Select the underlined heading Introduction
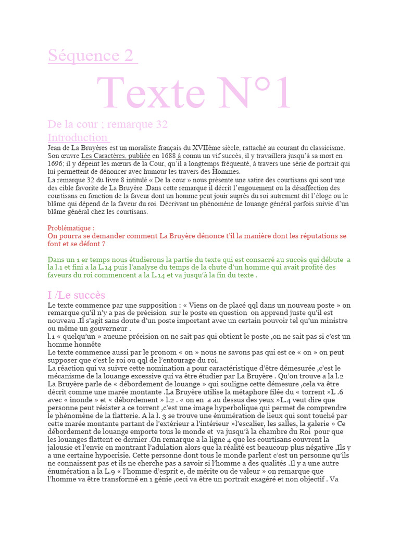78,137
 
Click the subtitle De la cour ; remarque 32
107,124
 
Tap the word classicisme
322,148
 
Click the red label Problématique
71,228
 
